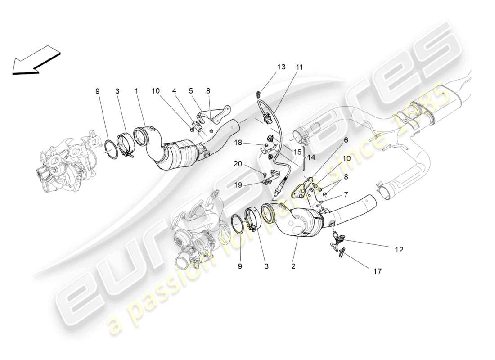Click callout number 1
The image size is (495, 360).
click(136, 91)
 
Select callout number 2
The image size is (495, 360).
click(293, 266)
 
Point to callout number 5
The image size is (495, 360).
click(191, 91)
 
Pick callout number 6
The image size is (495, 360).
click(346, 140)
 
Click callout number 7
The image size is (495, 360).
click(346, 194)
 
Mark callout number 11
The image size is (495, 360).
click(299, 67)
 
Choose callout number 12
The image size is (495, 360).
click(399, 249)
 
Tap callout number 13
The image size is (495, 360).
click(281, 67)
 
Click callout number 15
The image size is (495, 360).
click(297, 152)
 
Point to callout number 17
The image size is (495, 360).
click(377, 271)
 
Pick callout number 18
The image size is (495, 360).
click(238, 143)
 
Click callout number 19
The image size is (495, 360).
click(238, 184)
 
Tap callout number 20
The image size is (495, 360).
click(238, 164)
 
